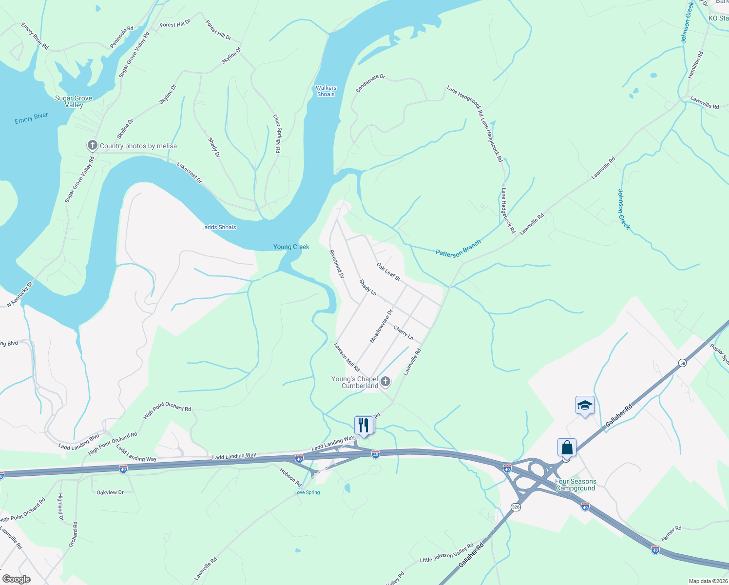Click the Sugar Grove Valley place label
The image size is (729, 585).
(x=74, y=101)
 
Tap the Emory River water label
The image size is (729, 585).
(x=31, y=118)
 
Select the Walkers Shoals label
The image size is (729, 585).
(x=326, y=91)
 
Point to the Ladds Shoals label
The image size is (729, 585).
(x=219, y=227)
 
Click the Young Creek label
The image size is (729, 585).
(x=291, y=247)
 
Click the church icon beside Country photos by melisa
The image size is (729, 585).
(x=92, y=146)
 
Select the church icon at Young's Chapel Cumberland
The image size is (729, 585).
(x=385, y=382)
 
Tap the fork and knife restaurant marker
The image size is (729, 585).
(x=364, y=425)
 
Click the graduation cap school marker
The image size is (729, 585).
(x=585, y=406)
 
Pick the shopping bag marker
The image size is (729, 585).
(x=567, y=448)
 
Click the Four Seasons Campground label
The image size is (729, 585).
(x=576, y=485)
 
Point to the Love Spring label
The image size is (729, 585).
(x=307, y=492)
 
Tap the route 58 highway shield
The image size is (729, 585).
(x=683, y=363)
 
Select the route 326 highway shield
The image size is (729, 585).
(x=516, y=507)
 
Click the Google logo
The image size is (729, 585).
(x=16, y=579)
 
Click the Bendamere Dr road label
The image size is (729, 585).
(x=370, y=83)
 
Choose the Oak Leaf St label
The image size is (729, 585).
(x=388, y=272)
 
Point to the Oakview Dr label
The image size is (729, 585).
(x=110, y=492)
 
